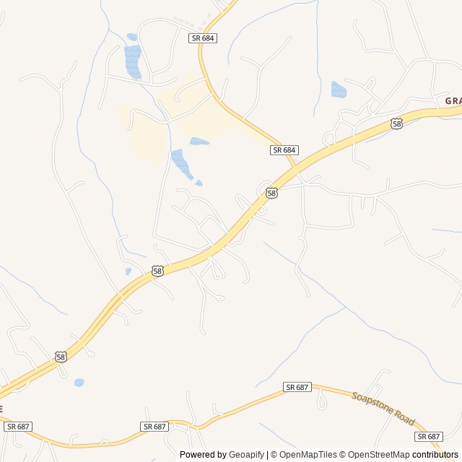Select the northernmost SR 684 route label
point(204,38)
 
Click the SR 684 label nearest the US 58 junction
point(284,149)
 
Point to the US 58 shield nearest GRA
point(397,124)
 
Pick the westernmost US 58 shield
point(61,357)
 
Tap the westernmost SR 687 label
point(17,427)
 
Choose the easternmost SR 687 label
point(429,437)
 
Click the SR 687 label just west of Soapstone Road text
point(297,387)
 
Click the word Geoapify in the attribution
point(246,455)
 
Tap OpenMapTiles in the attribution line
point(308,455)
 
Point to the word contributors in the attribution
point(435,455)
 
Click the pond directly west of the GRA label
point(339,90)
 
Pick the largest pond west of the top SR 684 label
point(133,62)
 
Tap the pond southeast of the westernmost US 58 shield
point(79,382)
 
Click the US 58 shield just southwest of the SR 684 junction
point(271,193)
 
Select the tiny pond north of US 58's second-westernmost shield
point(128,271)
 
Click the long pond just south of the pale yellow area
point(180,164)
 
